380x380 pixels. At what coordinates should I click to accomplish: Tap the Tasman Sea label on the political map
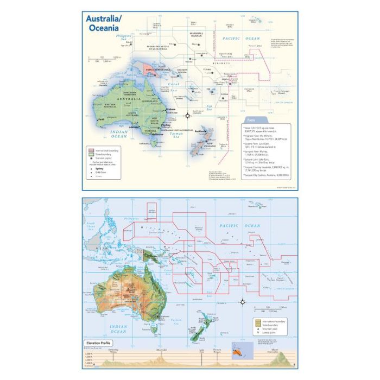point(175,135)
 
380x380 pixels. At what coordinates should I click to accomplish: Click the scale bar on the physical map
point(267,311)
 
